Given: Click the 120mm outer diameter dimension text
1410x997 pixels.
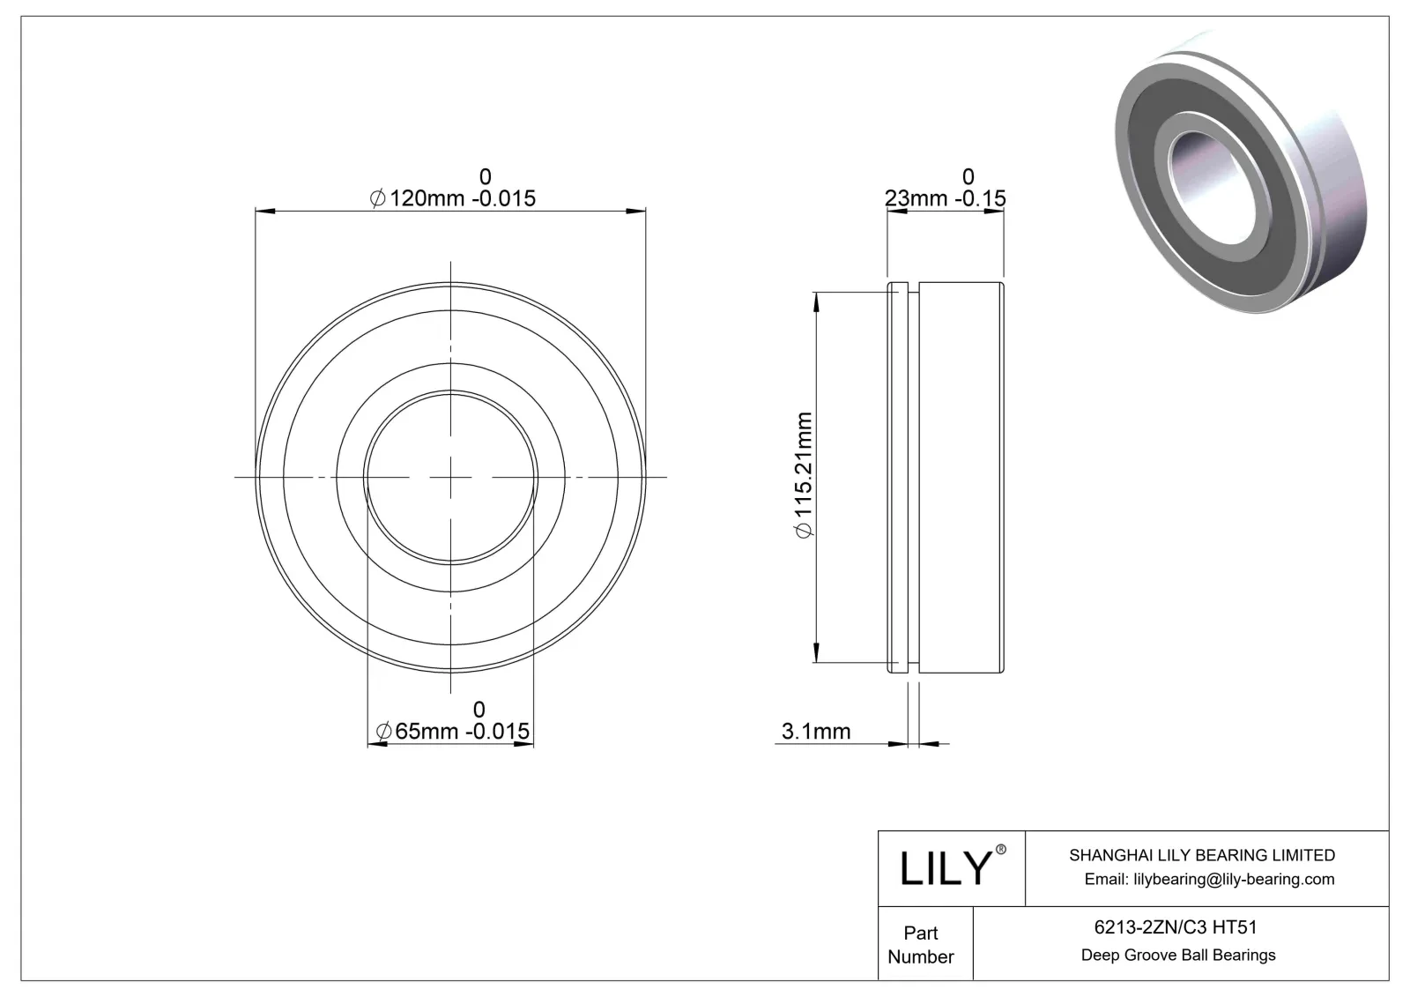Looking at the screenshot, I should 452,197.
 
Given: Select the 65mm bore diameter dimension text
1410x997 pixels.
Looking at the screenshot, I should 452,731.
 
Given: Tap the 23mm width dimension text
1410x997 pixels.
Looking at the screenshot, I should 945,197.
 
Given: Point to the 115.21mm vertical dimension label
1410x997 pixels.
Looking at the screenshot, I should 804,474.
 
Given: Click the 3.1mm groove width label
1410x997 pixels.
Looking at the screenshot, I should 816,731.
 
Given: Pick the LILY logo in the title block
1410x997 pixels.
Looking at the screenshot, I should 944,868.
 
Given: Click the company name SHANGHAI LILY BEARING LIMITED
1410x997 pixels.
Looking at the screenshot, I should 1201,855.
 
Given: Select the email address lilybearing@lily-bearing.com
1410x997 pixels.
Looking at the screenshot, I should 1209,879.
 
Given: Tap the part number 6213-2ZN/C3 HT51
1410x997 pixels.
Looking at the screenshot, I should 1175,926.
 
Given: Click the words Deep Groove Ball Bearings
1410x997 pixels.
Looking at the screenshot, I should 1178,955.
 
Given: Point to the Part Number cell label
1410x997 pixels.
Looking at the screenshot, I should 921,944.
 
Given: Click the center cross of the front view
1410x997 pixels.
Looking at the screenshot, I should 451,477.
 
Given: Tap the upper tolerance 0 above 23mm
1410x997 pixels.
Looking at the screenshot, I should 968,176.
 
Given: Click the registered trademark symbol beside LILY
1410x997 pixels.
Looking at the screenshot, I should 1000,850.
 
